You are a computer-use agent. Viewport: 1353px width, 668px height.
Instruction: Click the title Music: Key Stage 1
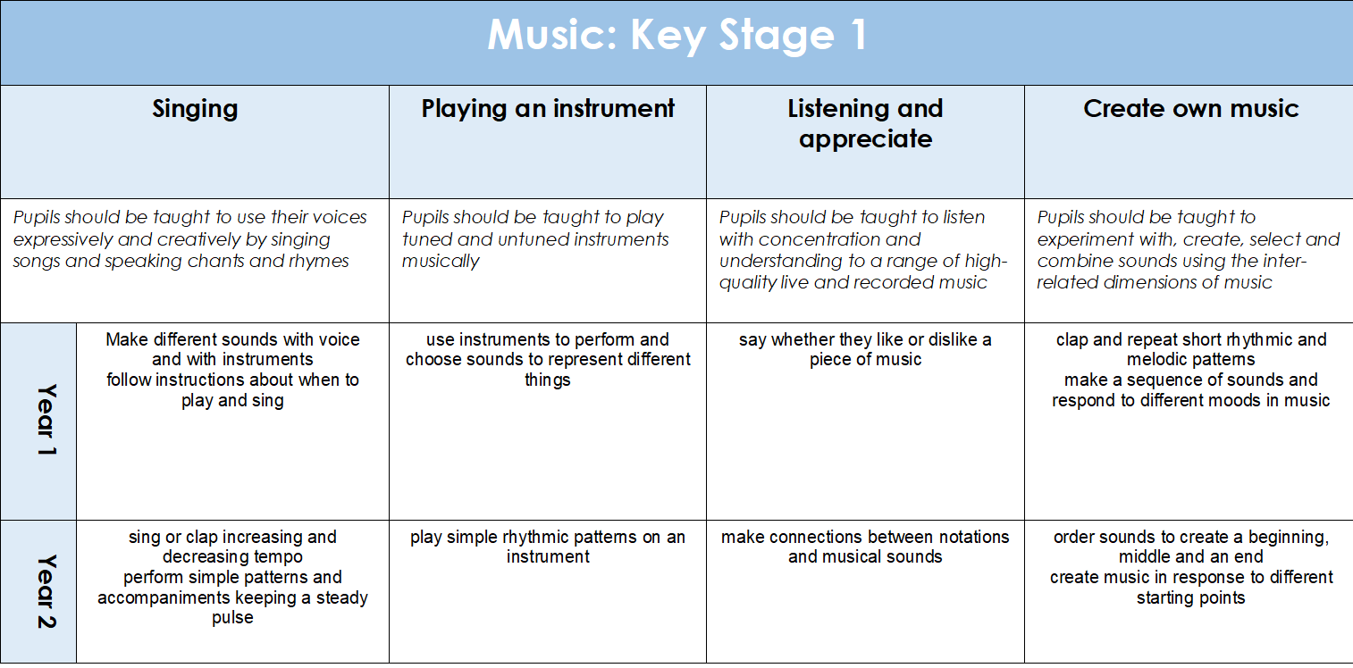677,35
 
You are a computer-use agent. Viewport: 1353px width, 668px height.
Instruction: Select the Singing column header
195,110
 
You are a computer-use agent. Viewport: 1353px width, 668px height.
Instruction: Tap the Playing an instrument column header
548,109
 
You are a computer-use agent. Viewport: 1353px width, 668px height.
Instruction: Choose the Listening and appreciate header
866,124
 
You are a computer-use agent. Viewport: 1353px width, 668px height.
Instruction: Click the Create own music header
1190,109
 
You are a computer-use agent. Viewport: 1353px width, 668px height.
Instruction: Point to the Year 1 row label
46,420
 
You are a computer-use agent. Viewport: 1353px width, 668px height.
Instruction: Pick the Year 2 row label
46,591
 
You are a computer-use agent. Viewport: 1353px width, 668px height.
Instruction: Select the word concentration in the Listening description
839,239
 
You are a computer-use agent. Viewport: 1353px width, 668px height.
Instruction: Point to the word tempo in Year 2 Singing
278,557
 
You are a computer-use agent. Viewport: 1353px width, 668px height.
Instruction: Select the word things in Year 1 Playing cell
548,380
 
